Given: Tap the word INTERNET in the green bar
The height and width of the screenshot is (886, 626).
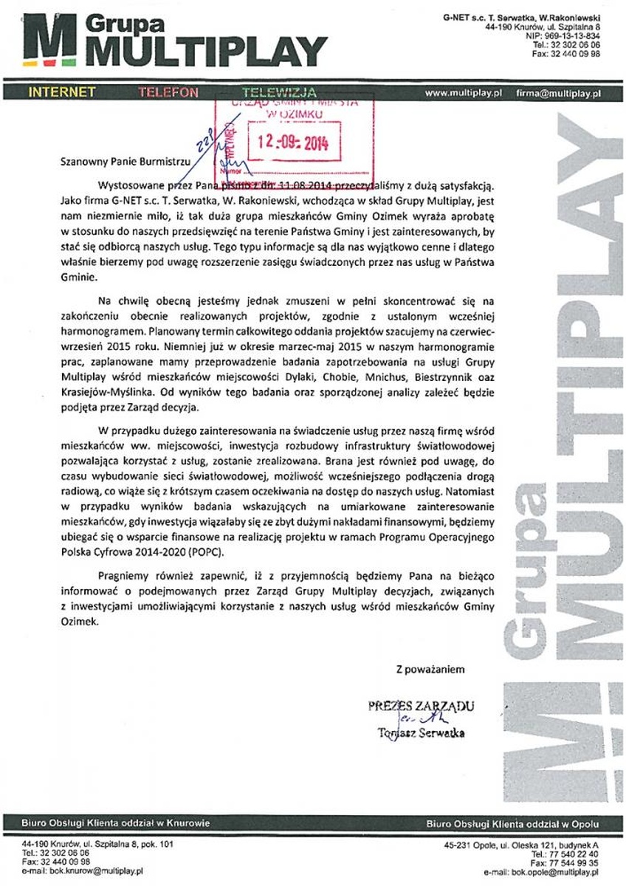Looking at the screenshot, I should pyautogui.click(x=62, y=92).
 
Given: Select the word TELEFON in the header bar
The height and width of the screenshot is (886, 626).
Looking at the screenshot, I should pyautogui.click(x=168, y=92).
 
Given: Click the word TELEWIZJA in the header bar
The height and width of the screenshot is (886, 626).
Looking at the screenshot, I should pyautogui.click(x=279, y=92).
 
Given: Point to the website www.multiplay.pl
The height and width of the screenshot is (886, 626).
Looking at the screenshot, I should pyautogui.click(x=464, y=93).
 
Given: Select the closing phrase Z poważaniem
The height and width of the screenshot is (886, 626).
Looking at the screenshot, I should pyautogui.click(x=430, y=670).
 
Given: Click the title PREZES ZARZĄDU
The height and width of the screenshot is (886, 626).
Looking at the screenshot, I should pyautogui.click(x=421, y=705).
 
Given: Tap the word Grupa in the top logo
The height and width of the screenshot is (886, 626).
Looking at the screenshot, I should pyautogui.click(x=122, y=24).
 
